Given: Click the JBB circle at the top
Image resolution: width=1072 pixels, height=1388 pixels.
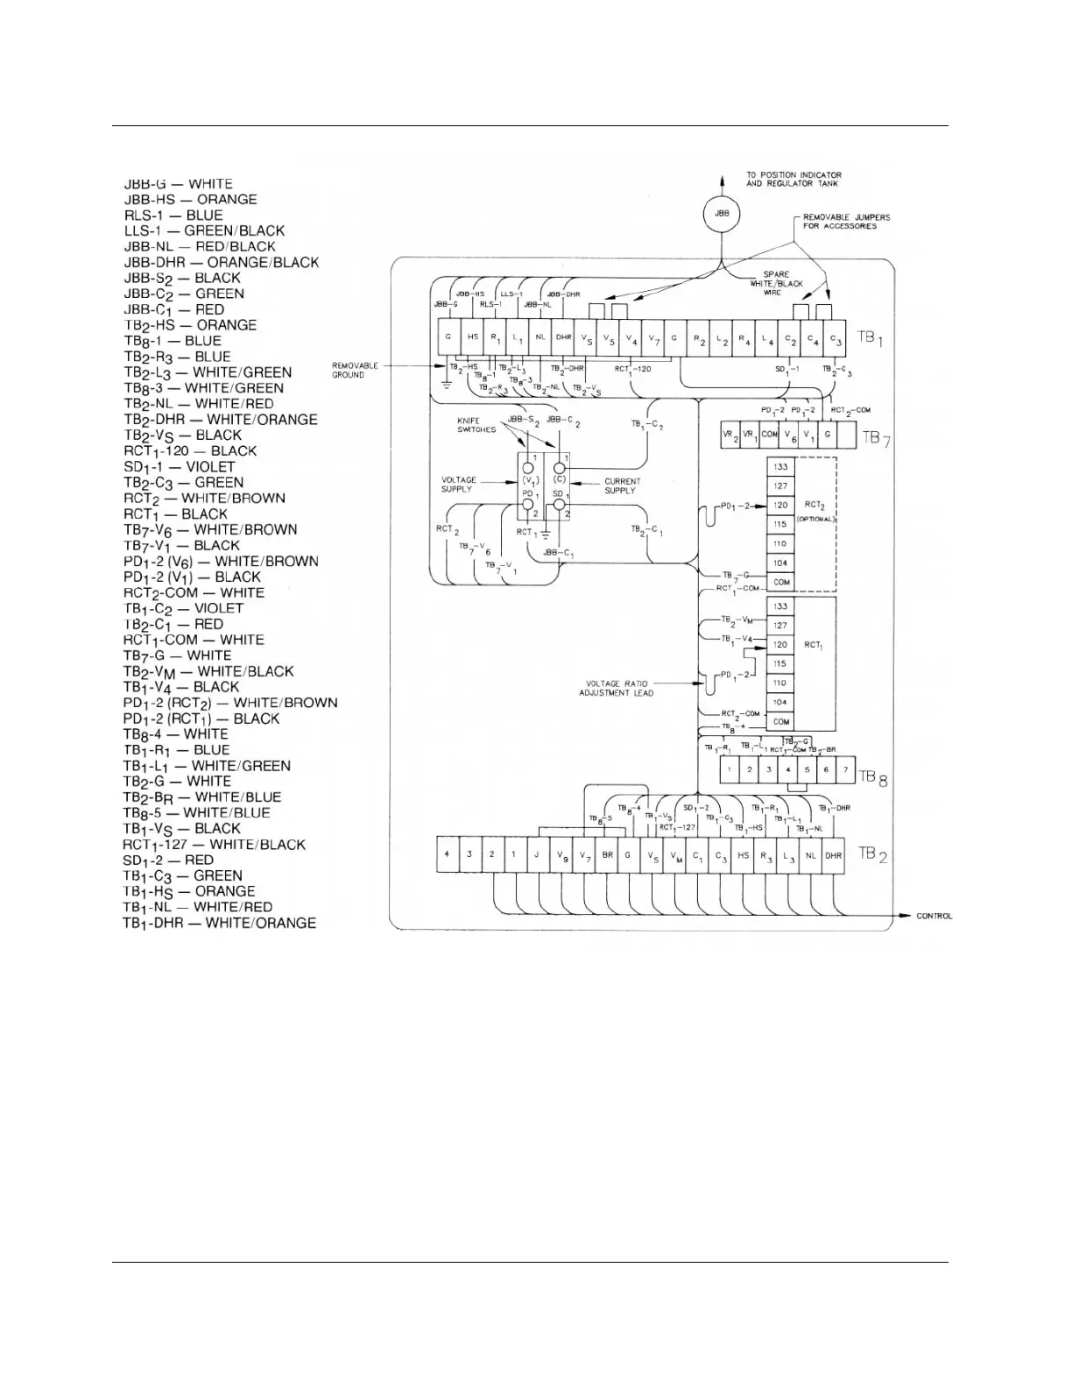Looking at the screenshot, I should point(722,214).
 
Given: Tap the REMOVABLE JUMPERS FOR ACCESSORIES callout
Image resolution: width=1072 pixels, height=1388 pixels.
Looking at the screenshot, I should point(840,222).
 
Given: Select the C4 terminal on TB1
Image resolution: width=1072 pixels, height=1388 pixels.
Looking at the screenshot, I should point(814,337).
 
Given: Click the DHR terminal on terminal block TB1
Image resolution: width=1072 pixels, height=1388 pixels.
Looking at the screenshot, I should point(562,337).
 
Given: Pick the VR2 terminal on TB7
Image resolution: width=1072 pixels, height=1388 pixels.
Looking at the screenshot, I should point(730,436).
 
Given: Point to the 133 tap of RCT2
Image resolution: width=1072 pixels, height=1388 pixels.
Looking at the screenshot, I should point(780,467).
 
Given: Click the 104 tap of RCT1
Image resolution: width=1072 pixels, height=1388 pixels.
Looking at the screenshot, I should point(780,703).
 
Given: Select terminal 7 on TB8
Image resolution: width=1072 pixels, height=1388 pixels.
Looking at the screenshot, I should point(845,770).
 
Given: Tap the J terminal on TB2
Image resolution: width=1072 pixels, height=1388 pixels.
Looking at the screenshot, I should point(537,855).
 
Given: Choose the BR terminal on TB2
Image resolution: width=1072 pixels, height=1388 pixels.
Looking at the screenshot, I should point(607,855).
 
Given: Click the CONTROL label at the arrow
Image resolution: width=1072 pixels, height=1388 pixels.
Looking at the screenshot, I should point(934,917).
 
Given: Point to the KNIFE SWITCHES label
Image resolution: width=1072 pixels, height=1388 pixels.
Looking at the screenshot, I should point(476,425).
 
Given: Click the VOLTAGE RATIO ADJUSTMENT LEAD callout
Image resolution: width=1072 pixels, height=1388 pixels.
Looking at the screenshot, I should point(617,688).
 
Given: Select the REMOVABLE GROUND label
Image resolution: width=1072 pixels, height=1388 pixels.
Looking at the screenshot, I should point(355,370).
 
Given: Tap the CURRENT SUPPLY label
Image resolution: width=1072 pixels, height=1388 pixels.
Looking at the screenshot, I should point(622,485).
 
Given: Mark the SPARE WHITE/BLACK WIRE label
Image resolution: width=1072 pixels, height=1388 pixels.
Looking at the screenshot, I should point(770,283).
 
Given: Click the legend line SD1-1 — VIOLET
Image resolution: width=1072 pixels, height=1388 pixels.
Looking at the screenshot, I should point(179,467).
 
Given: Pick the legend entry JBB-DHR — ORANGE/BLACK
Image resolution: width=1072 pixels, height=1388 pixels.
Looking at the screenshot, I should point(221,262).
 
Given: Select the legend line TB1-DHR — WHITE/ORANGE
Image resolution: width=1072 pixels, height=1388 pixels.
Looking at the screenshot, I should point(219,923).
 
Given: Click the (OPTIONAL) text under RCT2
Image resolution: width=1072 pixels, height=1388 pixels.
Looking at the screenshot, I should point(815,520).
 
